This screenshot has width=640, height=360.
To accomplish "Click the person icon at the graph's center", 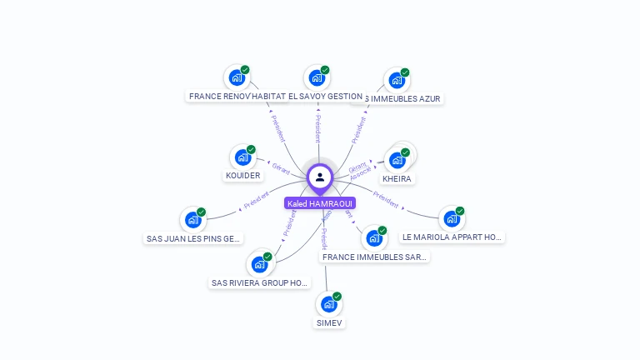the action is tap(320, 177).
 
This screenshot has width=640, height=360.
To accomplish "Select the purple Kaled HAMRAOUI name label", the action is tap(320, 203).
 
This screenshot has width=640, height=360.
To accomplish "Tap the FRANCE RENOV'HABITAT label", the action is tap(237, 97).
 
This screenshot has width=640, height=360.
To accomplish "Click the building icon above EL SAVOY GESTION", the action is tap(317, 78).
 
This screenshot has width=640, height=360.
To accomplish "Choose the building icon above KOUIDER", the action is tap(242, 157).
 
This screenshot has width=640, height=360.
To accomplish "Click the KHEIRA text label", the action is tap(397, 179).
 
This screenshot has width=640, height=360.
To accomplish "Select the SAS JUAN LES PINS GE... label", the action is tap(193, 239).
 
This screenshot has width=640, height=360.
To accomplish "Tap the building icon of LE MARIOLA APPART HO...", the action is tap(452, 219).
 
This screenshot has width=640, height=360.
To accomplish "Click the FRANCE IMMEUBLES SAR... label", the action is tap(374, 257).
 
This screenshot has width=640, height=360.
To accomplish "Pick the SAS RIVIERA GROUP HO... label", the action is tap(260, 283).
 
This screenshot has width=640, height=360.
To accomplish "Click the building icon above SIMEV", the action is tap(328, 305).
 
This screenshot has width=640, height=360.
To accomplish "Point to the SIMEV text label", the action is tap(329, 323).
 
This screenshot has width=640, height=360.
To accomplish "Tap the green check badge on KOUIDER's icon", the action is tap(251, 150).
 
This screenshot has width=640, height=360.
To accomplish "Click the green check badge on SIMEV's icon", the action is tap(337, 297).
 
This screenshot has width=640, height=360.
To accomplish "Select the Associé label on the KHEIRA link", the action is tap(361, 174).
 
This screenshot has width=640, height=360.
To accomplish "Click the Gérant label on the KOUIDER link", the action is tap(280, 167).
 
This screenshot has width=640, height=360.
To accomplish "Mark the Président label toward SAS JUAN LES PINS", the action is tap(256, 201).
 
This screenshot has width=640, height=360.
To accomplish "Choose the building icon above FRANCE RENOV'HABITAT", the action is tap(237, 79).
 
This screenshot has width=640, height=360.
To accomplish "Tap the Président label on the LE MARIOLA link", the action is tap(386, 197).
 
